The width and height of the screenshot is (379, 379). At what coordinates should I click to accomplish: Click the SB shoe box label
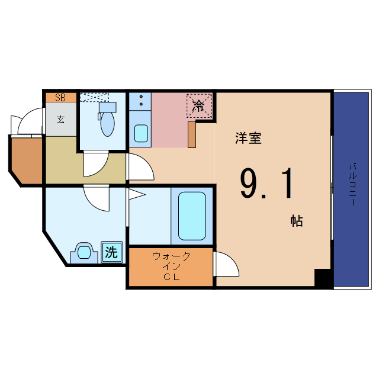pyautogui.click(x=60, y=98)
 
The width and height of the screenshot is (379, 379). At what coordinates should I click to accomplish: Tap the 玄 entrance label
pyautogui.click(x=60, y=119)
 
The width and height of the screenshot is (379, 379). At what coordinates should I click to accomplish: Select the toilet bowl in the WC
pyautogui.click(x=107, y=124)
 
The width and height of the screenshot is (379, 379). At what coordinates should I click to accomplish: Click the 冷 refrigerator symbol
pyautogui.click(x=200, y=106)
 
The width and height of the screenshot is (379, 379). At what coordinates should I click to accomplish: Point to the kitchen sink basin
pyautogui.click(x=141, y=133)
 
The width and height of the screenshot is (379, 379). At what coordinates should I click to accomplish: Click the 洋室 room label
pyautogui.click(x=248, y=139)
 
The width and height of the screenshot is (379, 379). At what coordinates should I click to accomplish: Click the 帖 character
pyautogui.click(x=296, y=221)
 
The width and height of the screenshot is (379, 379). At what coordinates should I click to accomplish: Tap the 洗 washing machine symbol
pyautogui.click(x=111, y=252)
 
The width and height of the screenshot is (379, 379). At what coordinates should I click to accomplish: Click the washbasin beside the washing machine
pyautogui.click(x=85, y=253)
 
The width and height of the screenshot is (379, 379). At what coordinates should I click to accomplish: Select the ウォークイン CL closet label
pyautogui.click(x=171, y=266)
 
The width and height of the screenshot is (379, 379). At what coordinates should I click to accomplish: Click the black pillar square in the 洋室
pyautogui.click(x=322, y=278)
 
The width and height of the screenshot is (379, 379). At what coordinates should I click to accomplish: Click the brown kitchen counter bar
pyautogui.click(x=192, y=134)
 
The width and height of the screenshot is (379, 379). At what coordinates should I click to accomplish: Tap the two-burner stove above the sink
pyautogui.click(x=141, y=101)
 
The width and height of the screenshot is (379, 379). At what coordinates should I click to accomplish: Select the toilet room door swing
pyautogui.click(x=95, y=164)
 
